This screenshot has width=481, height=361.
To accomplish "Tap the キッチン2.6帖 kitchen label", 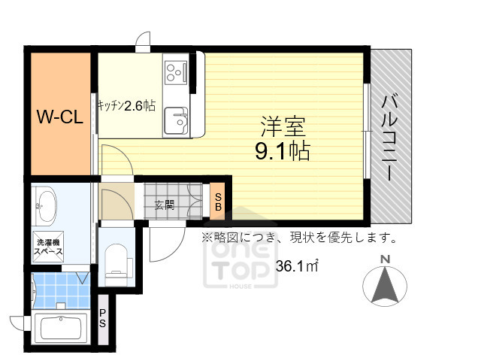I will [126, 107].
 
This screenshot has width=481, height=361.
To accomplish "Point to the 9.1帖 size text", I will [283, 151].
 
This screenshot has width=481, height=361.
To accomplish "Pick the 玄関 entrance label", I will [164, 204].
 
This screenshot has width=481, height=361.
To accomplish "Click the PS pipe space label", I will [102, 319].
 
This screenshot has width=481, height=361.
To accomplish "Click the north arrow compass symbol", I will [385, 287].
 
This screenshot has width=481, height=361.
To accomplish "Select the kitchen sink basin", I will [177, 119].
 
